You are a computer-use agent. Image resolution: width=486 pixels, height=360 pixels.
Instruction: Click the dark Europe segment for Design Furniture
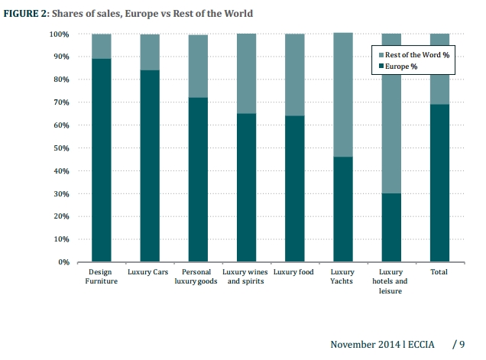101,161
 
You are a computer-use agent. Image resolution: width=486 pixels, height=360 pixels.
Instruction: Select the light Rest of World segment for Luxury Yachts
342,95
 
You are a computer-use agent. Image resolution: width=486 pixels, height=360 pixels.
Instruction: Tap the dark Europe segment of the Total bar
439,183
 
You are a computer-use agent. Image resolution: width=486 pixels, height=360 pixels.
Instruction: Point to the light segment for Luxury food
294,75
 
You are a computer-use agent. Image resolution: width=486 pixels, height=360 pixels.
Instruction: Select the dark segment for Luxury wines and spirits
246,187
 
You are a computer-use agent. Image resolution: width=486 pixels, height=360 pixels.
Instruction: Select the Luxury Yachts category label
342,277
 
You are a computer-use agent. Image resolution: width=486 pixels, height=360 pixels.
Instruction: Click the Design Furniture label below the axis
101,277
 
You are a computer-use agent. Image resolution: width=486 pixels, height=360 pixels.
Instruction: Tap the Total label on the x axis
439,272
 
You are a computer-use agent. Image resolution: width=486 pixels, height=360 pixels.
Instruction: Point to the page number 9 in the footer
462,345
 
